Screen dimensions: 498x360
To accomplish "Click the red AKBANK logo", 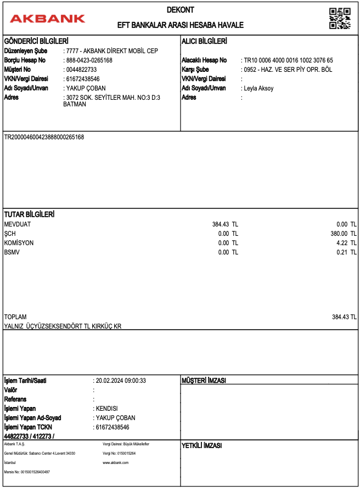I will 47,18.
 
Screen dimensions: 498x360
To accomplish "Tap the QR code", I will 340,18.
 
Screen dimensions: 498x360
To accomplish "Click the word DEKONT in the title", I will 181,10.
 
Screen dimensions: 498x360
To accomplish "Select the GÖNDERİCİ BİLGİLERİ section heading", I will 36,41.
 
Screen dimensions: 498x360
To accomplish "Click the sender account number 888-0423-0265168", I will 89,60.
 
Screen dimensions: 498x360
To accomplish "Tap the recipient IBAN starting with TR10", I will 289,60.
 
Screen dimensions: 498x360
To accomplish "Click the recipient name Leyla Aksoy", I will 258,88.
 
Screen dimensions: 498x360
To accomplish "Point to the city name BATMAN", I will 75,104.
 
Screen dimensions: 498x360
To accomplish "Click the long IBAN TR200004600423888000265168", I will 44,137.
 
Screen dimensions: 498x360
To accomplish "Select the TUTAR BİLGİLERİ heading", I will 29,214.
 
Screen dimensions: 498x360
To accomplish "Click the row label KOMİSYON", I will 19,243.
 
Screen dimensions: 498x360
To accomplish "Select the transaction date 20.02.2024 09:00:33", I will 121,381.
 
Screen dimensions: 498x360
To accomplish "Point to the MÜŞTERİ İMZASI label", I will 204,381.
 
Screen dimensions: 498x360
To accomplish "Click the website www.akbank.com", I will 115,463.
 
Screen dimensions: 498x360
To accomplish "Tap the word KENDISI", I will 107,409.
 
